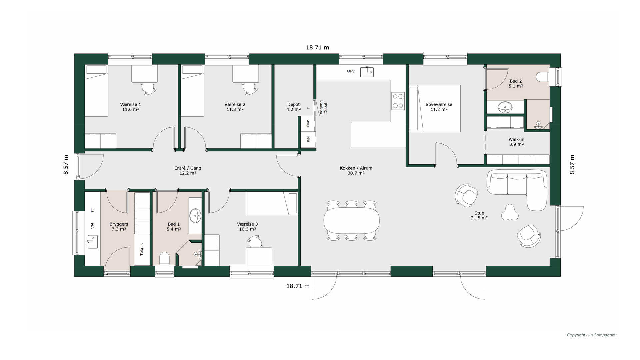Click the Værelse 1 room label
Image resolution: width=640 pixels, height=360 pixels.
tap(131, 107)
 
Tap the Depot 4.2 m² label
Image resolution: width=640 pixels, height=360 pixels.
tap(294, 107)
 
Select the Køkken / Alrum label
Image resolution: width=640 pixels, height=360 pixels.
tap(356, 171)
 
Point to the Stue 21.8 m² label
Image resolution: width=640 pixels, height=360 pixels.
tap(479, 215)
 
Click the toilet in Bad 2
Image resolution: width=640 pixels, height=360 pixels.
tap(542, 77)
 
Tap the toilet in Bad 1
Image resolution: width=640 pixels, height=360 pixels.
tap(165, 259)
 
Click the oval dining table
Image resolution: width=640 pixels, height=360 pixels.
tap(352, 220)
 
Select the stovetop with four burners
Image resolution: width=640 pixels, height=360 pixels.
tap(398, 101)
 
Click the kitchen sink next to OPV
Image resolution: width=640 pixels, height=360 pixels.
tap(367, 72)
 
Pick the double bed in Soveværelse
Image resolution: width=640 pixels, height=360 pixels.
tap(435, 108)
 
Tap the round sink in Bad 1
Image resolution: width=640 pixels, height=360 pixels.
tap(195, 215)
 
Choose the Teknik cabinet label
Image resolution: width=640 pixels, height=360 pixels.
tap(142, 249)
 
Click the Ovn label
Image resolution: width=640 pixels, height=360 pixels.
tap(308, 123)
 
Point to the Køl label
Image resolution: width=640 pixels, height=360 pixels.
tap(308, 139)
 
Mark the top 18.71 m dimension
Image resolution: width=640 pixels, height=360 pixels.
tap(317, 47)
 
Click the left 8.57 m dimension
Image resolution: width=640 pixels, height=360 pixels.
tap(66, 165)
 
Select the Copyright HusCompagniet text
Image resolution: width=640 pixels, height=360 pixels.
tap(592, 335)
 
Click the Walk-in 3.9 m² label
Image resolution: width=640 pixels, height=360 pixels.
tap(516, 142)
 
